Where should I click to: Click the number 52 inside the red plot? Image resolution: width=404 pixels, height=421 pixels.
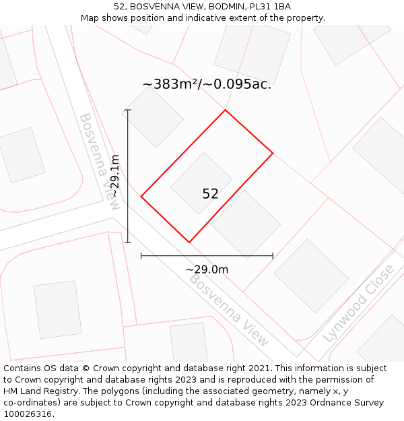pos(210,194)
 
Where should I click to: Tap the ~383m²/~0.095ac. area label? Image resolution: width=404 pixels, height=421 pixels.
pos(207,84)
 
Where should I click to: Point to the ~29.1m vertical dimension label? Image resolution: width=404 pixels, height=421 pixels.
pos(115,176)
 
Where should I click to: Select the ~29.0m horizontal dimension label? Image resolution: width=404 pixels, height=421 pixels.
pos(207,269)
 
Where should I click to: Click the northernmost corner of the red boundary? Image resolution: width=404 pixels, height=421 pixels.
pos(225,110)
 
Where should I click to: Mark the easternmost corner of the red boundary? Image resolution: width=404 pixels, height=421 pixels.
pos(273,154)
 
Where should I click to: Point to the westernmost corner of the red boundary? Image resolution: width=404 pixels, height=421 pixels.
pos(141,196)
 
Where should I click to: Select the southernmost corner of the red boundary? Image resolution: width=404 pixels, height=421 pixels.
pos(189,242)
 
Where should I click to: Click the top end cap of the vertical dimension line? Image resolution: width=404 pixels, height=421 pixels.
pos(128,110)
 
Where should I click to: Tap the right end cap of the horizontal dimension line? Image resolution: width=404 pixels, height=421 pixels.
pos(273,256)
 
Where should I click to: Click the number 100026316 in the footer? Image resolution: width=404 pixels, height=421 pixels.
pos(27,414)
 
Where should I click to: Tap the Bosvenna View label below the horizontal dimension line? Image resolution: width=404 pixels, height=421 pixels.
pos(229,309)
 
